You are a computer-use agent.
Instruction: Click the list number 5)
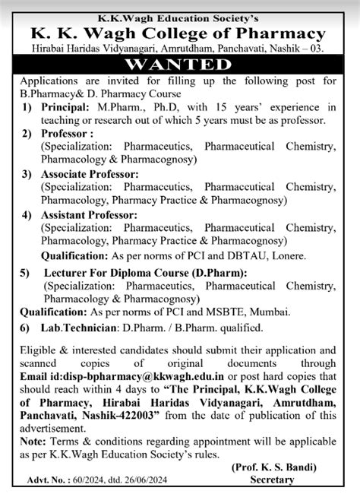[x=29, y=272]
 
